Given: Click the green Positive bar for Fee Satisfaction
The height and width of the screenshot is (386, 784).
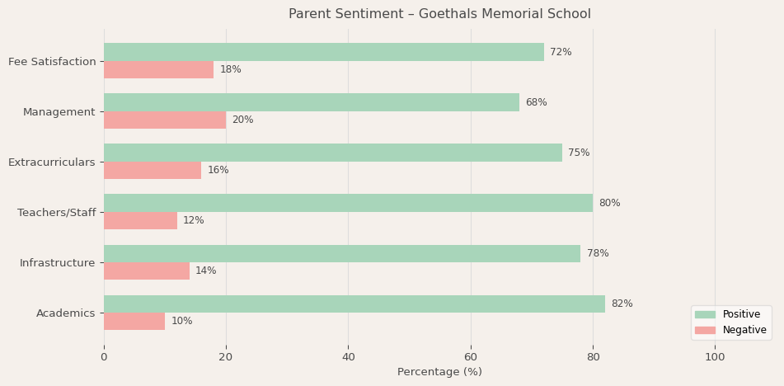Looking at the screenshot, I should (323, 52).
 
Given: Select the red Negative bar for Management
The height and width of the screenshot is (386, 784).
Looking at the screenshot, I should (165, 120).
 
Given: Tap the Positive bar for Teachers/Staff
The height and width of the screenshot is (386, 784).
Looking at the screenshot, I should (348, 203).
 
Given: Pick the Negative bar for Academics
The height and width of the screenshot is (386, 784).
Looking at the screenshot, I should (134, 322).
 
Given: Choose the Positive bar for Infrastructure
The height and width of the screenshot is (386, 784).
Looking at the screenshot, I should (342, 253).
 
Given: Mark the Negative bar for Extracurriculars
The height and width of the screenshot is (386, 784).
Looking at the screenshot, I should (153, 171).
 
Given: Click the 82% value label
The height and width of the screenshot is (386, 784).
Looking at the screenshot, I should (622, 304).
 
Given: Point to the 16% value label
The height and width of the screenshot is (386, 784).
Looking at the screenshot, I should (218, 171).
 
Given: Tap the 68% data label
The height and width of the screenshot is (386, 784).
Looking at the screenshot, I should (536, 102).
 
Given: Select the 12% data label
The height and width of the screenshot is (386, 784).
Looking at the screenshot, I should (194, 221).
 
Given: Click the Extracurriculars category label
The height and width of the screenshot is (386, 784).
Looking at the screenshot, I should (52, 162).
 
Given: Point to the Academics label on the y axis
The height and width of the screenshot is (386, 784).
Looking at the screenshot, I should (66, 313).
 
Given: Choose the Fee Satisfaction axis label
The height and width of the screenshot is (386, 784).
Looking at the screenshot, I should (52, 62).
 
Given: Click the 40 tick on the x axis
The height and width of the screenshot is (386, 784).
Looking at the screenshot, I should (348, 357).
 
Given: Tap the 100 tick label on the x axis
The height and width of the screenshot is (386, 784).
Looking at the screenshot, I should (715, 357).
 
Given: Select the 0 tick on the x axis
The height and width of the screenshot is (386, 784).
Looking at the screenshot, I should (104, 357).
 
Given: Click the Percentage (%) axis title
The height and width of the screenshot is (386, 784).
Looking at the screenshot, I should (439, 372).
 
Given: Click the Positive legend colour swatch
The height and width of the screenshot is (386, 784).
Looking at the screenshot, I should (705, 314).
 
